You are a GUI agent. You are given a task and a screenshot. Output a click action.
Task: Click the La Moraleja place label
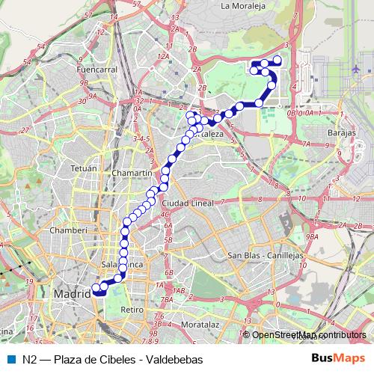(243, 5)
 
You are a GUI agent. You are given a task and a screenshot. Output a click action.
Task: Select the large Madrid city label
(72, 295)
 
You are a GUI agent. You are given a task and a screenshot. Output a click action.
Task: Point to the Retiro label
(132, 309)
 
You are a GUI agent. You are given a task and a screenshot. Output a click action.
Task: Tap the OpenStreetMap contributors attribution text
(308, 335)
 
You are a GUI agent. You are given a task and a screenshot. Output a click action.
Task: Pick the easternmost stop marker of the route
(278, 59)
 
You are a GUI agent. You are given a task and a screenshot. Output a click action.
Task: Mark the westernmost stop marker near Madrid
(95, 287)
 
